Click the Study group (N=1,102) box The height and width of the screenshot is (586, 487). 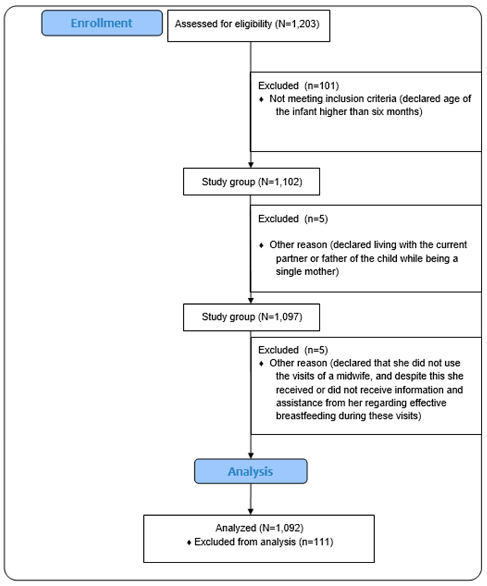(251, 182)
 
